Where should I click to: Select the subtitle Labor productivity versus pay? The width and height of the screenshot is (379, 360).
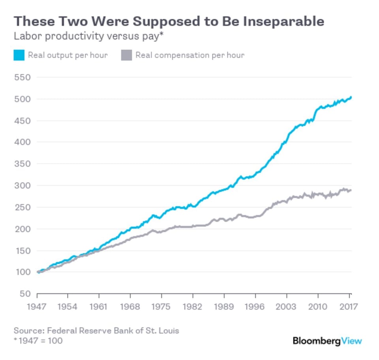click(88, 36)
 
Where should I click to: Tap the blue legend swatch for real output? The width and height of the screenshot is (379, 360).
click(19, 55)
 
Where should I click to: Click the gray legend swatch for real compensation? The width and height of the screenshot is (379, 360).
click(126, 55)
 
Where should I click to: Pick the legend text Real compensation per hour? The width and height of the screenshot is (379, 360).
click(189, 55)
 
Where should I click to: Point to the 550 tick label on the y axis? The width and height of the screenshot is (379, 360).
click(22, 77)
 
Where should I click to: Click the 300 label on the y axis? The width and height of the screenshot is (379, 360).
click(22, 186)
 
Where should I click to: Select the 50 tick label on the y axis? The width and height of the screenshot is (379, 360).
click(25, 294)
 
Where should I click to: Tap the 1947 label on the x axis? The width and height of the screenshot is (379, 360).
click(37, 307)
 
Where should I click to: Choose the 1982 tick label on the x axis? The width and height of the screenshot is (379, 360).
click(193, 307)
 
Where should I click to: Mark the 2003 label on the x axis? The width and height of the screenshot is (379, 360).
click(287, 307)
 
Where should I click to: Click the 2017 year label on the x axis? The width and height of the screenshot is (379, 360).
click(349, 307)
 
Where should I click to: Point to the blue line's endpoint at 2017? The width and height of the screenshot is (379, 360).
click(351, 97)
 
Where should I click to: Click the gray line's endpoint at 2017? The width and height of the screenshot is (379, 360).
click(351, 190)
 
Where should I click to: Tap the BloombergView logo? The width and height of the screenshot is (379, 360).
click(327, 341)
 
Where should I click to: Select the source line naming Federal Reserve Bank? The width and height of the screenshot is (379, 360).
click(96, 330)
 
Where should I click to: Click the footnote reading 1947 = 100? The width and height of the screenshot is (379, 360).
click(38, 340)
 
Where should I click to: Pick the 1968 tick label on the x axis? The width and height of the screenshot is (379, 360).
click(131, 307)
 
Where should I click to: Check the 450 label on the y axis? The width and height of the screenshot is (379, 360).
click(22, 120)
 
